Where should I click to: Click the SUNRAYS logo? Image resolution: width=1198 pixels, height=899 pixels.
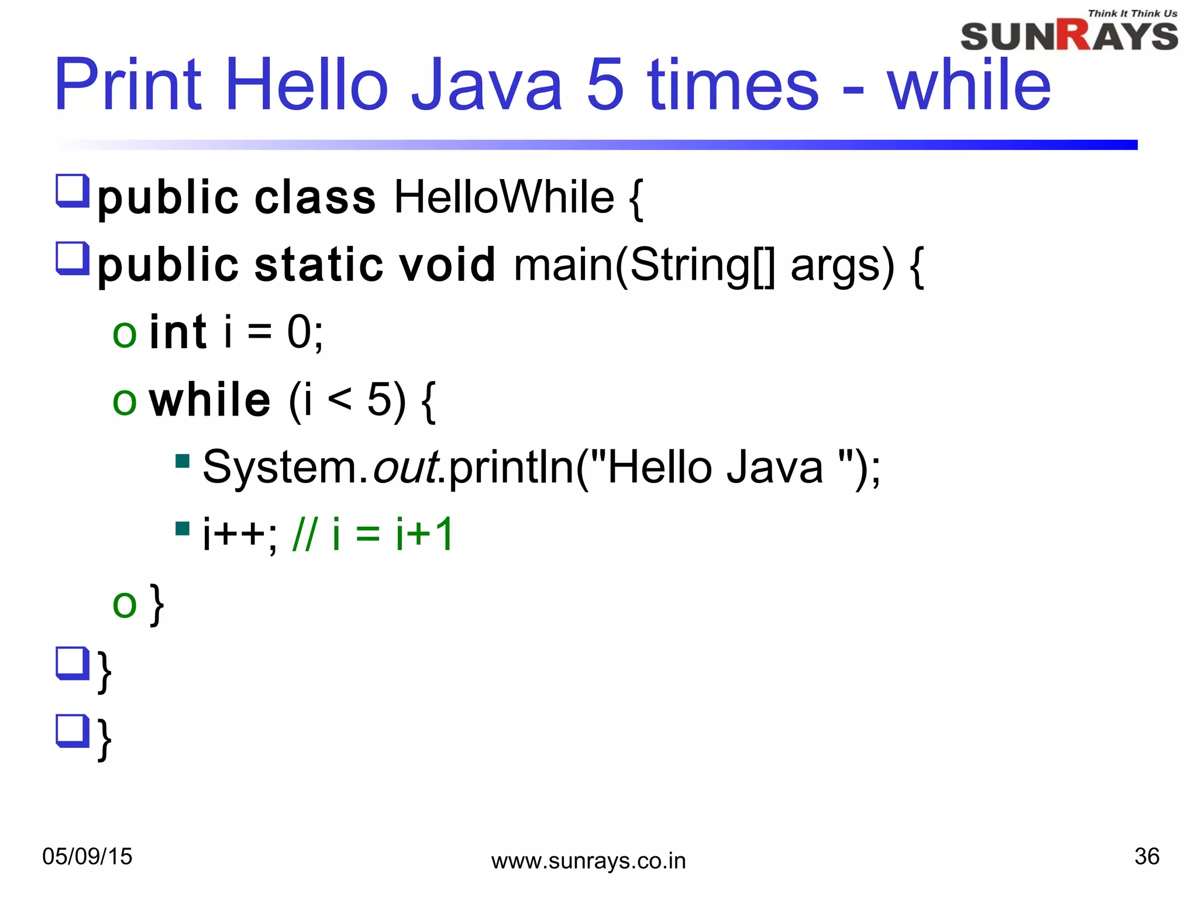point(1069,36)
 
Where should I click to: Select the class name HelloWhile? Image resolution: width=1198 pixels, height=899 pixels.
point(504,197)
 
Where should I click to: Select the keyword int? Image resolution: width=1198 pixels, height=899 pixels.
point(178,332)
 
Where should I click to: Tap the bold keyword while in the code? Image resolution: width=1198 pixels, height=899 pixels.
point(210,400)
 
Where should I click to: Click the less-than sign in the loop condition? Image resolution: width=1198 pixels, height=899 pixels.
point(340,400)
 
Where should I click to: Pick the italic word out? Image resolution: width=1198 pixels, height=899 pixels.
point(405,468)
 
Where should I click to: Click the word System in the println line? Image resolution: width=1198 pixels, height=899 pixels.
point(279,468)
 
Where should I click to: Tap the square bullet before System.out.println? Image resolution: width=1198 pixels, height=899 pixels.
point(183,462)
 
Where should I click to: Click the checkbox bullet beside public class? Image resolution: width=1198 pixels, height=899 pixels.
point(72,191)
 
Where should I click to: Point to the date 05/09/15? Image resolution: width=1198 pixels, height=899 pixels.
point(88,856)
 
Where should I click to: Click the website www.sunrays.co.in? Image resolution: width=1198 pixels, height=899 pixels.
point(588,861)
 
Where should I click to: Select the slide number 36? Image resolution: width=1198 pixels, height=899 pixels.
point(1147,856)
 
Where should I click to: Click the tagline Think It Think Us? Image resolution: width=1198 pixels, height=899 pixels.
point(1132,13)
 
